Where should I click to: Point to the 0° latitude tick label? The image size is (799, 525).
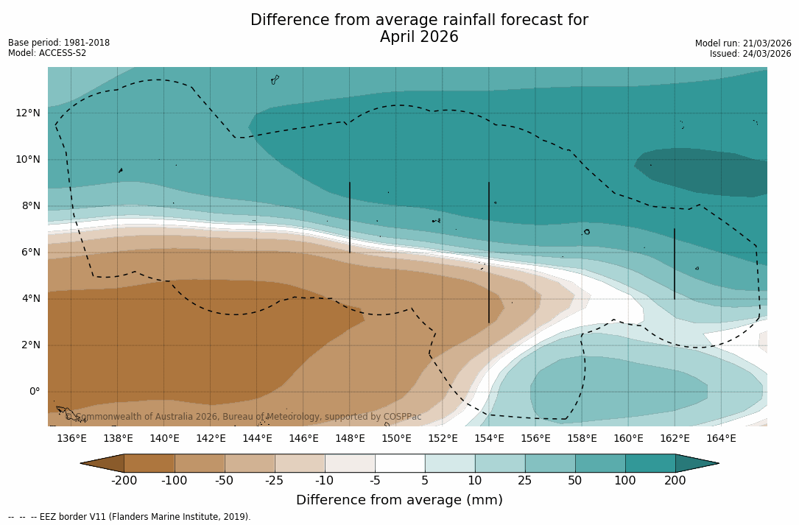click(x=34, y=391)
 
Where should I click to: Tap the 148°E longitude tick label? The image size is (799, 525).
click(x=350, y=439)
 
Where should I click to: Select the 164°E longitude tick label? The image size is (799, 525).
click(x=721, y=439)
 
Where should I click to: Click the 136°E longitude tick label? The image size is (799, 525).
click(x=71, y=439)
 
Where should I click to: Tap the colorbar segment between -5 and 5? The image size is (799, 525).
click(x=400, y=463)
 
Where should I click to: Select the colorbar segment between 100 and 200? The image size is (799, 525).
click(x=650, y=463)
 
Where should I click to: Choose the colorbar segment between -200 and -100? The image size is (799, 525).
click(x=149, y=463)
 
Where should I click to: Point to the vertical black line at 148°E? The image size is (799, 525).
click(x=350, y=217)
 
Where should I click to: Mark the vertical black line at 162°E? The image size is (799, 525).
click(x=675, y=264)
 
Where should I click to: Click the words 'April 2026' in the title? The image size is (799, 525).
click(x=419, y=37)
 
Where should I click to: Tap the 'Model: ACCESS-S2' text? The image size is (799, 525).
click(x=47, y=53)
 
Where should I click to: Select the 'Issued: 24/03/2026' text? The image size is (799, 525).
click(x=750, y=54)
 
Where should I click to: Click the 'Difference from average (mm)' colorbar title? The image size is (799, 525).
click(x=399, y=501)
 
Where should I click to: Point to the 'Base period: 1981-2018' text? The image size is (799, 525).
click(x=59, y=43)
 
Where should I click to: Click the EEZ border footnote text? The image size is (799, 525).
click(x=130, y=517)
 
